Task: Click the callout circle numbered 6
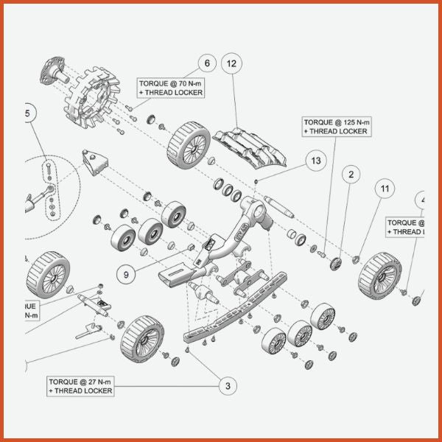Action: pyautogui.click(x=207, y=64)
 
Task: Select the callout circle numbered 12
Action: pyautogui.click(x=231, y=64)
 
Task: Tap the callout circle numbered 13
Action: pyautogui.click(x=316, y=161)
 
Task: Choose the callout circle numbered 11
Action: pyautogui.click(x=384, y=189)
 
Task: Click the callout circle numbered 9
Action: pyautogui.click(x=126, y=274)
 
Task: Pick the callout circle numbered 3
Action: pyautogui.click(x=228, y=384)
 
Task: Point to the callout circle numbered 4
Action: pyautogui.click(x=423, y=199)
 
